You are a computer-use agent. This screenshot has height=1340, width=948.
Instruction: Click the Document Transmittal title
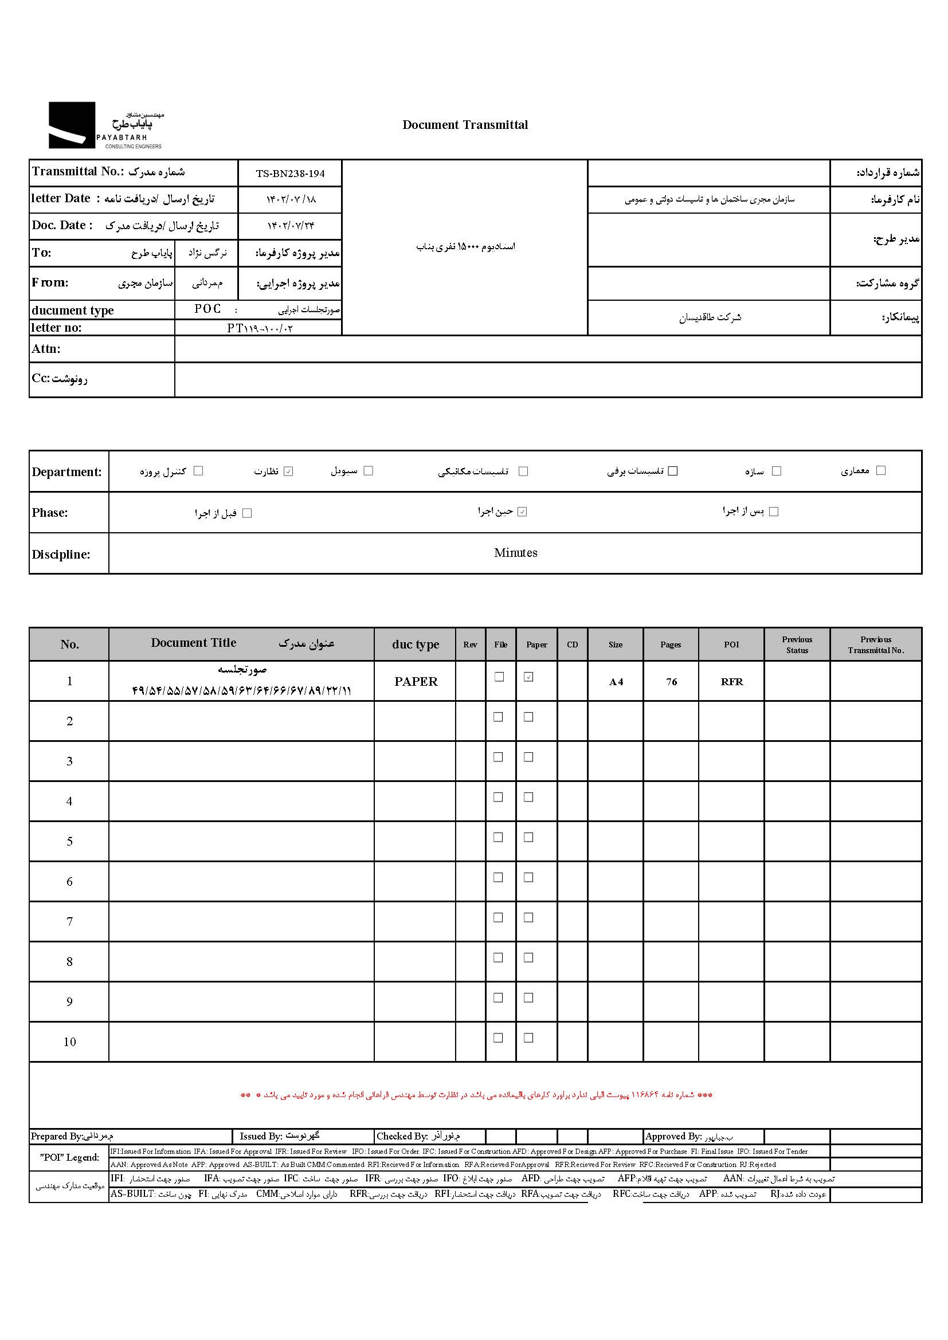465,125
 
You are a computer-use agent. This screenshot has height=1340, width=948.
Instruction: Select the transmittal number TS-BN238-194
290,174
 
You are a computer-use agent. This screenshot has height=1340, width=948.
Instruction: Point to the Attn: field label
46,349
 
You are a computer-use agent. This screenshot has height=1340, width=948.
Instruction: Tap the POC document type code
208,309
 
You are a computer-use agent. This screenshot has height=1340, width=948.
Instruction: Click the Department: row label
66,472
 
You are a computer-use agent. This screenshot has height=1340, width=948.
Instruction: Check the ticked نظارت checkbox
288,471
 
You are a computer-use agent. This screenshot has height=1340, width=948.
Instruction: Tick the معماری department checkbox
881,470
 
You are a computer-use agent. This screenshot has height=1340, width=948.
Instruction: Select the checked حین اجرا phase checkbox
523,512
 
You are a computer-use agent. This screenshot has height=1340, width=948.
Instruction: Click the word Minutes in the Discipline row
515,553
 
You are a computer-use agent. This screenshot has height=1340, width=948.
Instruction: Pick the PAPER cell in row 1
416,682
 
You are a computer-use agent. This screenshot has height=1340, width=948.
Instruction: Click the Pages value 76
671,682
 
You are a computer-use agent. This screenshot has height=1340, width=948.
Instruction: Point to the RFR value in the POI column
732,682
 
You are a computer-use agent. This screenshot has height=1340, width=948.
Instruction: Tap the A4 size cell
616,682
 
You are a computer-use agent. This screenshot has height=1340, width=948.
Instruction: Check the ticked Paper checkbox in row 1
529,677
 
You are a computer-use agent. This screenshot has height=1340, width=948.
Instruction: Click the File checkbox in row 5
499,838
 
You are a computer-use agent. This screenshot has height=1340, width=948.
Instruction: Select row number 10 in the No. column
69,1042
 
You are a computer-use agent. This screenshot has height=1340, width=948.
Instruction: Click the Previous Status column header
797,645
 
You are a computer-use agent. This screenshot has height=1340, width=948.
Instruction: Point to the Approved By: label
673,1136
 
